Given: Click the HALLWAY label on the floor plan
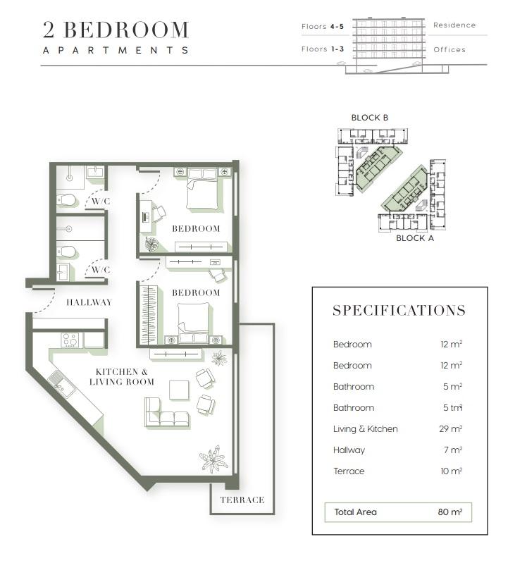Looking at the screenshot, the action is tap(89, 302).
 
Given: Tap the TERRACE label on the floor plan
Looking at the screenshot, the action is tap(242, 500).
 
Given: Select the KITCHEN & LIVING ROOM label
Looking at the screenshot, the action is tap(122, 377).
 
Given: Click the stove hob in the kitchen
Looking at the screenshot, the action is tap(70, 340).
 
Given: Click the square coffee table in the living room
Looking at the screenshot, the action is tap(179, 390).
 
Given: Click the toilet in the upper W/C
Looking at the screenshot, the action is tap(66, 200).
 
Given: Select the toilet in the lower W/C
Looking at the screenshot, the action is tap(66, 252).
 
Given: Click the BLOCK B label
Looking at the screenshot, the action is tap(369, 118).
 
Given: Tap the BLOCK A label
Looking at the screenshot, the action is tap(415, 238).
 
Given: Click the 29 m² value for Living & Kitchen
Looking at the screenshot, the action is tap(450, 428).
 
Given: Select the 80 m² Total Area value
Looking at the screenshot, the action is tap(449, 512).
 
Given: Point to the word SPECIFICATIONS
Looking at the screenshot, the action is tap(399, 311).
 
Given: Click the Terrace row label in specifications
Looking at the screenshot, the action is tap(349, 471).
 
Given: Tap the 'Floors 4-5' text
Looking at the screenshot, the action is tap(323, 27).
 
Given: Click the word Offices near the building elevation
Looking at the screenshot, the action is tap(449, 49).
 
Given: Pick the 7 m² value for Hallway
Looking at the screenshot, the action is tap(453, 450).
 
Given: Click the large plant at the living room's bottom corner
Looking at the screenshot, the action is tap(214, 459).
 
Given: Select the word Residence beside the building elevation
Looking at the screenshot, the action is tap(454, 25).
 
